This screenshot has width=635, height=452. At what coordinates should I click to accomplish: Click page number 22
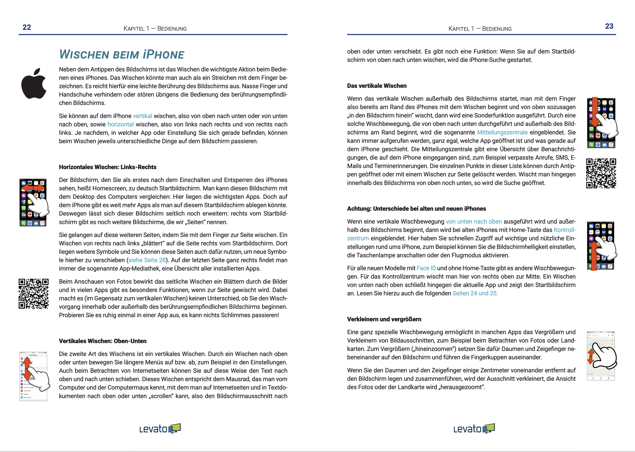(27, 27)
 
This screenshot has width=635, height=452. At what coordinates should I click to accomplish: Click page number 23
(609, 26)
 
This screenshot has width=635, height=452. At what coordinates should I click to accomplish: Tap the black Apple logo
(34, 84)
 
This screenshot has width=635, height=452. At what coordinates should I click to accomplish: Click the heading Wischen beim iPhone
(122, 55)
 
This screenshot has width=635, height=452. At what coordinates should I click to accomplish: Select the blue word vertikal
(142, 116)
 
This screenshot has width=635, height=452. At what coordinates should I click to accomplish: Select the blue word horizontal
(121, 124)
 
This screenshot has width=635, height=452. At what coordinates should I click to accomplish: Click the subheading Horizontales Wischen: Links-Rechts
(108, 167)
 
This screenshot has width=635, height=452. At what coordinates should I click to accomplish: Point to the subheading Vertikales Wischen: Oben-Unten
(102, 341)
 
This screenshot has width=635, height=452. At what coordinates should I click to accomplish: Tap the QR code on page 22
(33, 294)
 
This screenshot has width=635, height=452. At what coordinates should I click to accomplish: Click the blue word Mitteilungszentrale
(502, 132)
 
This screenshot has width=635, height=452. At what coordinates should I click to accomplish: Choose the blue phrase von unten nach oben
(474, 222)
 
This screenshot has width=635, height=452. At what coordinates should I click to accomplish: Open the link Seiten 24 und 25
(475, 293)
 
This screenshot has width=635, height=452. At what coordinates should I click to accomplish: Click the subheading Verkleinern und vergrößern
(384, 319)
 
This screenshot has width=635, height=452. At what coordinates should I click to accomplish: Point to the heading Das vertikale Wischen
(377, 86)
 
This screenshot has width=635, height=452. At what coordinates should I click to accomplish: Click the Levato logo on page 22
(160, 429)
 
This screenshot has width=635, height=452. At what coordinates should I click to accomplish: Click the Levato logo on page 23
(474, 429)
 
